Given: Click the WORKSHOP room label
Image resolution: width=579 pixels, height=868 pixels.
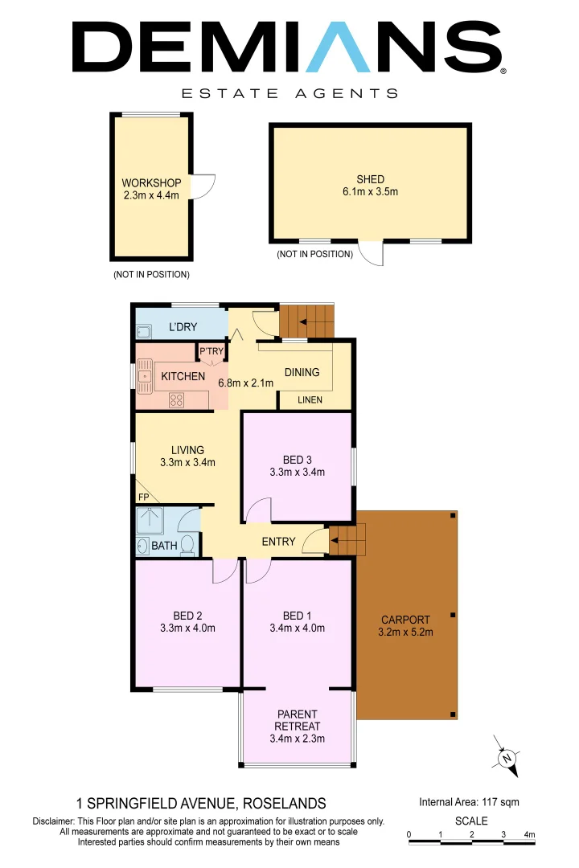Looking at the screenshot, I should [x=151, y=182].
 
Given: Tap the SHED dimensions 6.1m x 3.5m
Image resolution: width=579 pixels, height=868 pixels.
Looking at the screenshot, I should [x=371, y=191].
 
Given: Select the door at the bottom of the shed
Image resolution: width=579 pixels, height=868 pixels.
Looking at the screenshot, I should [x=371, y=252].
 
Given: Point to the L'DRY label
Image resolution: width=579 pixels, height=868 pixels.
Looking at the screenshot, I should [x=183, y=327].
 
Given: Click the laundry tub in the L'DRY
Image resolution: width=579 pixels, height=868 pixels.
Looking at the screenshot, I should [x=145, y=331].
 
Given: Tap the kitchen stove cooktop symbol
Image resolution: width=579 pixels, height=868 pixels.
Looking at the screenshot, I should [x=177, y=399].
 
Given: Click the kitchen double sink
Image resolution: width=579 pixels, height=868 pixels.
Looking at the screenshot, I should [x=146, y=375].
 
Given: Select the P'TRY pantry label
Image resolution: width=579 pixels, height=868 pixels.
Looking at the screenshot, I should [x=211, y=351].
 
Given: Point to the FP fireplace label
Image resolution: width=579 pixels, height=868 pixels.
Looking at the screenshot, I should [x=143, y=497].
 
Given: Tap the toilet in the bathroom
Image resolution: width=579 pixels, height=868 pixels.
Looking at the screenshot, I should [x=188, y=545].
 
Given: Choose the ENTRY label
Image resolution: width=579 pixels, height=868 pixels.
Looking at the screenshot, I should [x=278, y=542].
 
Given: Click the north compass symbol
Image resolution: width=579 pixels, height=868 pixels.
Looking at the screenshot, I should [x=507, y=757].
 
